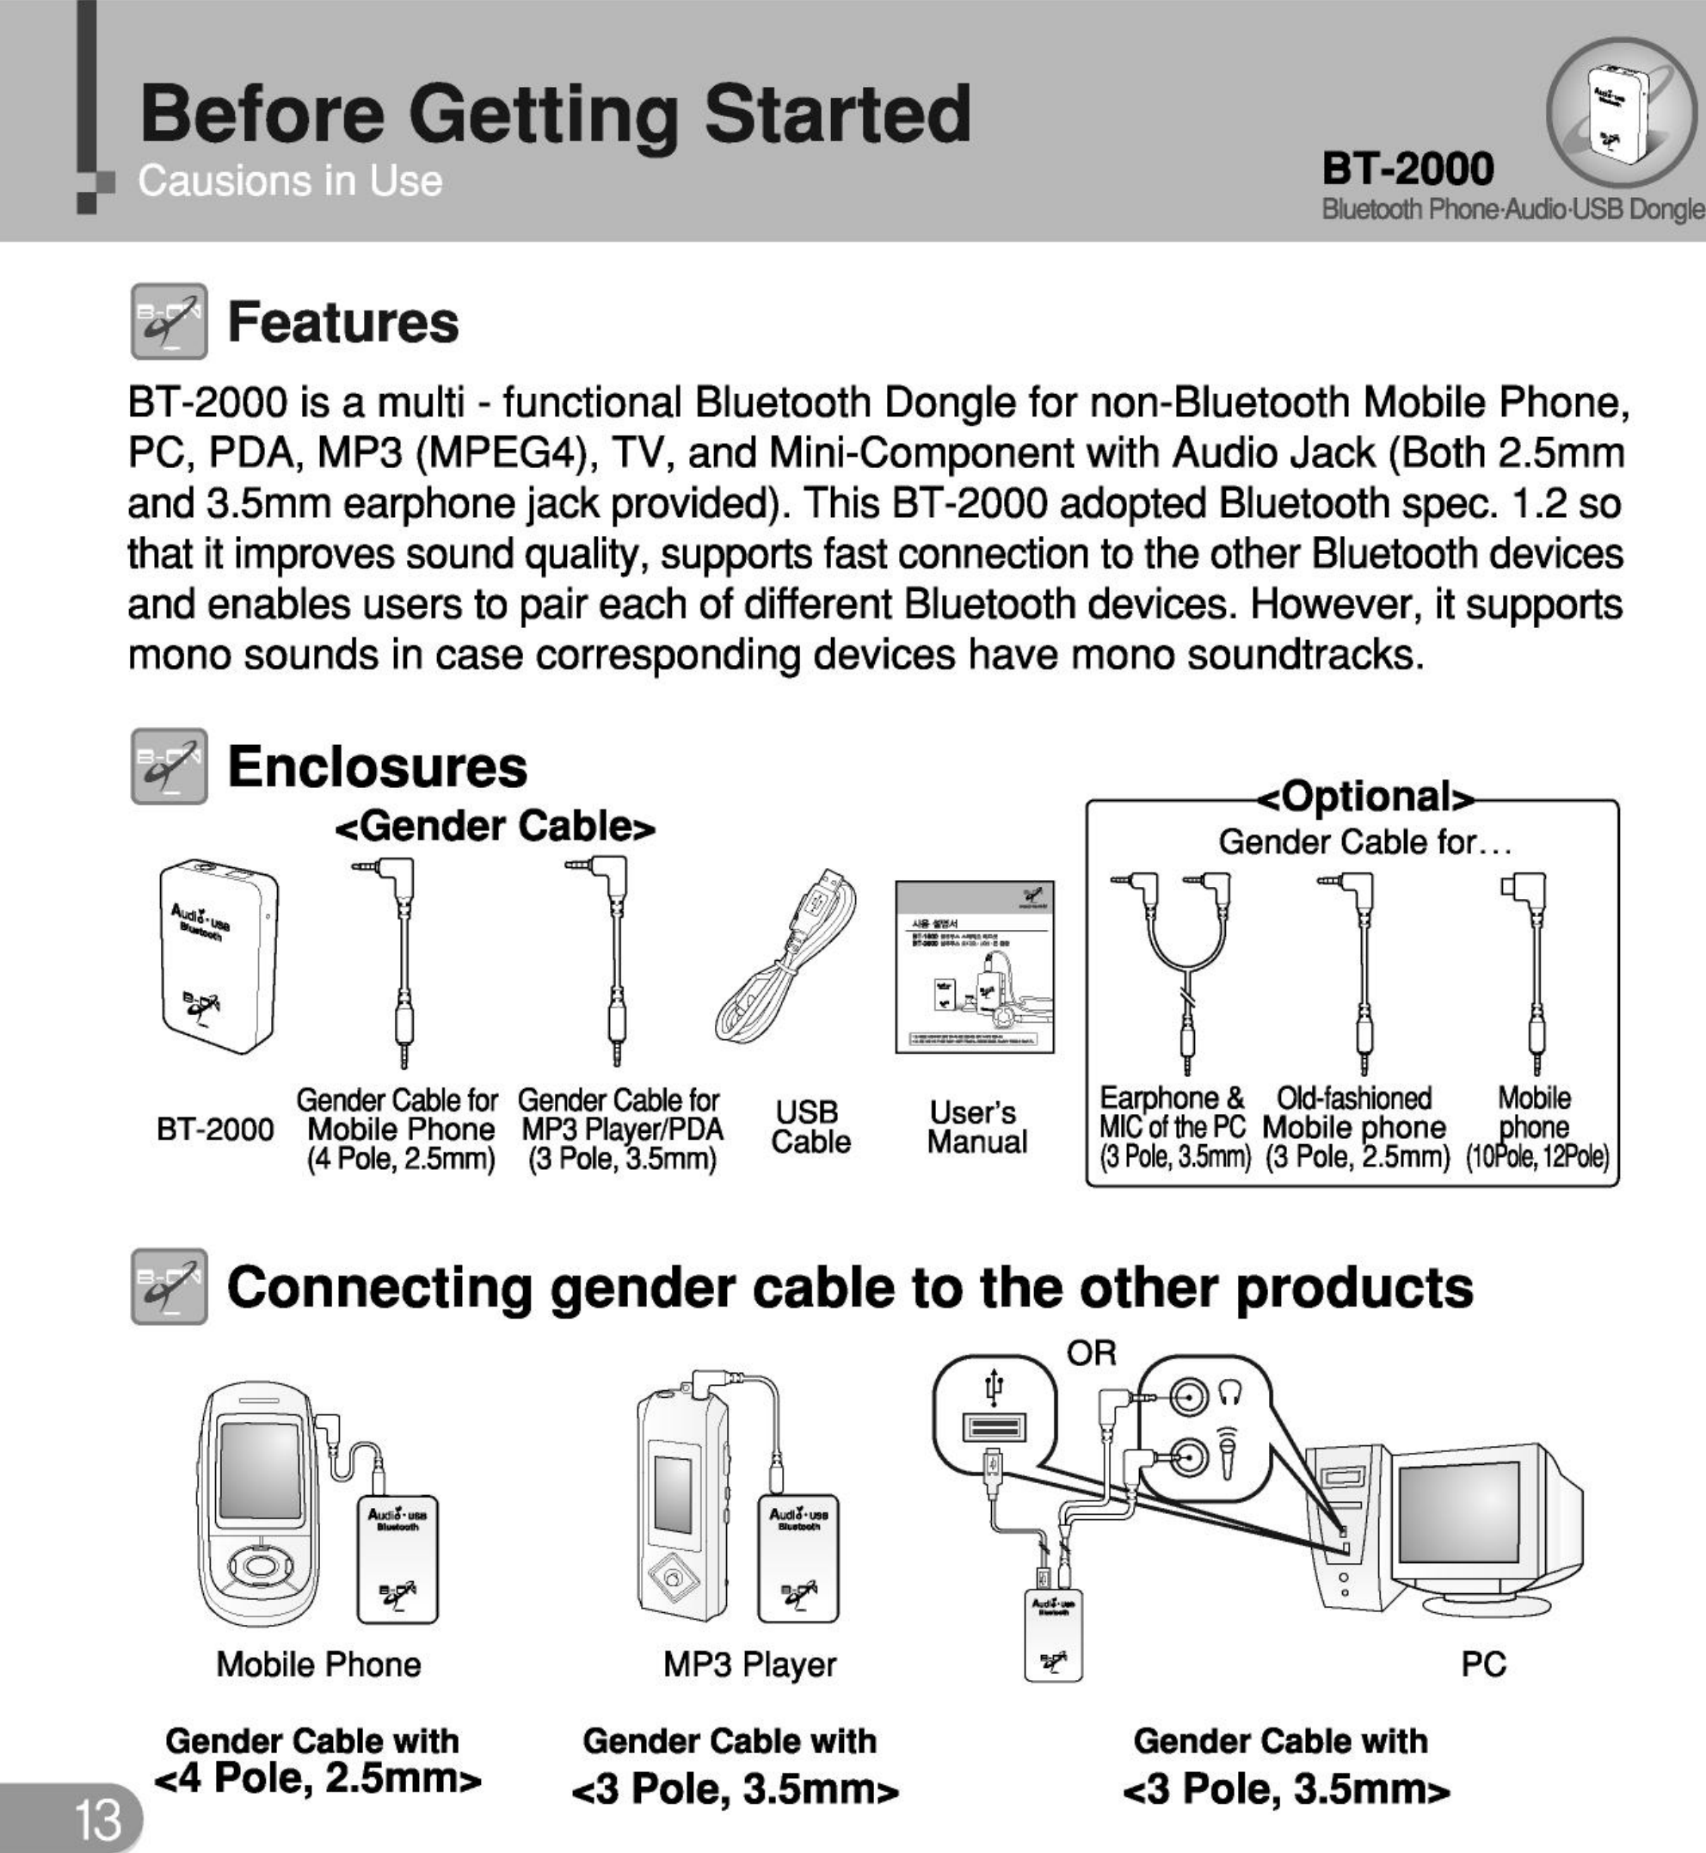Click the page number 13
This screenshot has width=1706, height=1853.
pos(98,1819)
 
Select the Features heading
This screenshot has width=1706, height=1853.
pos(342,323)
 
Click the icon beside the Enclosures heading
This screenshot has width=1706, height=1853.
pos(169,766)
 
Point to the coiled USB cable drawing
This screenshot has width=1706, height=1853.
pos(785,960)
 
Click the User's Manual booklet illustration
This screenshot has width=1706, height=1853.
pos(974,966)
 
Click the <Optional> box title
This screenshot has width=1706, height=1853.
pos(1367,797)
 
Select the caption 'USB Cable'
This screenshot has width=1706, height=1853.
pos(810,1126)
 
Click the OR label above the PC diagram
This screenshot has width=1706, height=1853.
pos(1092,1353)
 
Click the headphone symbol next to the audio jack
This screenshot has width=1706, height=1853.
pos(1238,1395)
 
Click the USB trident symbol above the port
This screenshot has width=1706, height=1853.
pos(995,1384)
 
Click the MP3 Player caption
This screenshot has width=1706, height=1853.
pos(749,1664)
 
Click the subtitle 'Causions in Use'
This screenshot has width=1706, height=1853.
pos(290,181)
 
